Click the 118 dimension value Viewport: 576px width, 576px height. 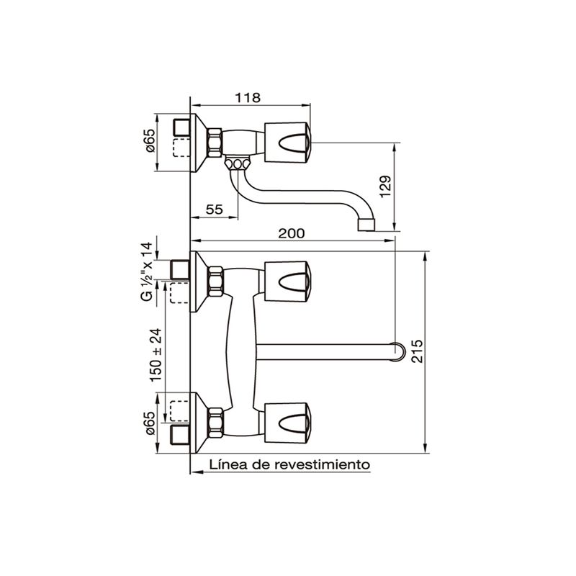coord(248,98)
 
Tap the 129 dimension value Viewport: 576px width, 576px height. coord(386,186)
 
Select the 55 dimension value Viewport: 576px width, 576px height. coord(215,210)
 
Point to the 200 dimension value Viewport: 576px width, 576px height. coord(292,233)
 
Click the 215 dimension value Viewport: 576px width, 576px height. coord(418,351)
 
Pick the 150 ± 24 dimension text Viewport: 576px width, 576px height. coord(156,355)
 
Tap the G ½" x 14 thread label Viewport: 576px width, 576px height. coord(146,271)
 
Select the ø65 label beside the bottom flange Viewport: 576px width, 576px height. coord(150,423)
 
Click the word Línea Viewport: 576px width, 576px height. coord(228,464)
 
